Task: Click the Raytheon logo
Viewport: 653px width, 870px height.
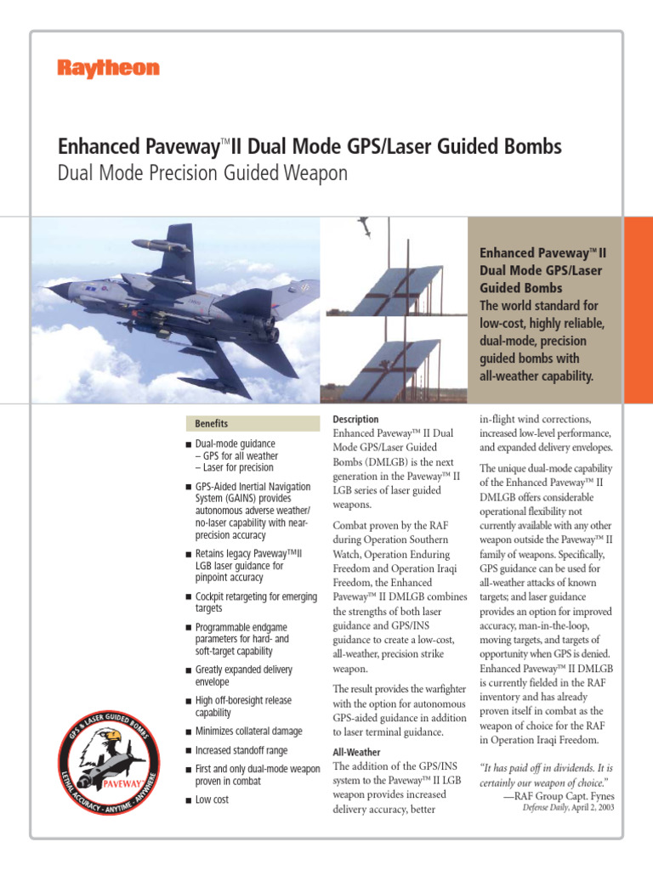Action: coord(108,69)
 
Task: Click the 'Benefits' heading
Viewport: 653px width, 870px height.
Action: coord(212,423)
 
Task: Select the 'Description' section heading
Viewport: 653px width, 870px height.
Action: coord(355,420)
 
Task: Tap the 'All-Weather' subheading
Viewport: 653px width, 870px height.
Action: coord(357,753)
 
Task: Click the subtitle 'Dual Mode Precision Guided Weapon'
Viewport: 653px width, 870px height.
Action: coord(202,173)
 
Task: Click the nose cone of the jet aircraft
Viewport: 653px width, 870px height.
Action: coord(53,290)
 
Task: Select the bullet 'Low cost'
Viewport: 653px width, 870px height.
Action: coord(212,799)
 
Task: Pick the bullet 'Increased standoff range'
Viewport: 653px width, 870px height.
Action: coord(241,751)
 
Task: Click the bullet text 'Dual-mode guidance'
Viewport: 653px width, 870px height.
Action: coord(235,443)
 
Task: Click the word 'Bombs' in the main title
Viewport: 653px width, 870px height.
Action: coord(532,147)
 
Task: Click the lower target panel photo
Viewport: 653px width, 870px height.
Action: coord(393,357)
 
